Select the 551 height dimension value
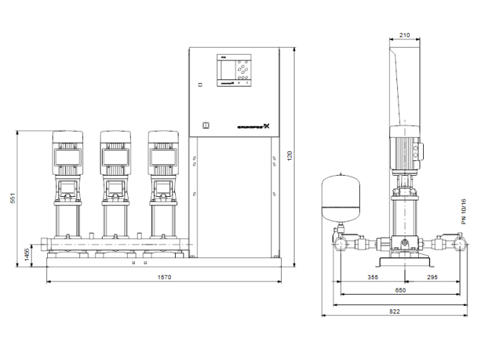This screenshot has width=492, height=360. (x=12, y=199)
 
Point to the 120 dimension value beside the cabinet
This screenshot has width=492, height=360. (x=288, y=155)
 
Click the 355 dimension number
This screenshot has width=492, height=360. (x=373, y=278)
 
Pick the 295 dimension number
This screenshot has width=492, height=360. (x=432, y=278)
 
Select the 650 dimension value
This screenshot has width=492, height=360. (x=399, y=290)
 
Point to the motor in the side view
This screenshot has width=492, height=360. (x=405, y=151)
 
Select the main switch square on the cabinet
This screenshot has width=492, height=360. (x=205, y=126)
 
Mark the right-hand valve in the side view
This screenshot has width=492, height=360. (x=460, y=245)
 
